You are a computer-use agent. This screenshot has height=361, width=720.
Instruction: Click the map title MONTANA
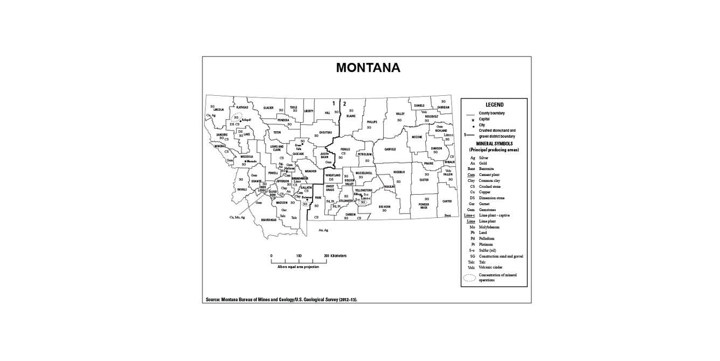click(368, 68)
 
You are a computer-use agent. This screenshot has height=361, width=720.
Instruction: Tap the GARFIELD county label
click(390, 149)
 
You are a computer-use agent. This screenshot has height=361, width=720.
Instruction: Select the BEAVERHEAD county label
click(269, 220)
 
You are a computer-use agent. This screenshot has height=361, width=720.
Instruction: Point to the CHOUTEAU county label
click(326, 132)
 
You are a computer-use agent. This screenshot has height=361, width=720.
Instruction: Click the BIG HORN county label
click(384, 207)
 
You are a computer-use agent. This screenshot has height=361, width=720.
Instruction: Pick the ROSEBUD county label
click(399, 172)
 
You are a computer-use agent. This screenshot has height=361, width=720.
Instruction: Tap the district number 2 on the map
click(344, 103)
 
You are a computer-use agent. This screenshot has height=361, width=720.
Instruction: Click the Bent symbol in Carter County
click(447, 215)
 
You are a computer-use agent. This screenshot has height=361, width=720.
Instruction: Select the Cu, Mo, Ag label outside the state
click(237, 217)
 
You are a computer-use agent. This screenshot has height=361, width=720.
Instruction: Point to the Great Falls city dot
click(302, 144)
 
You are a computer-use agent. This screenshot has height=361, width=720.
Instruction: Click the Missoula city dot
click(245, 161)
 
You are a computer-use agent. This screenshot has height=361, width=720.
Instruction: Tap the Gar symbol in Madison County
click(283, 209)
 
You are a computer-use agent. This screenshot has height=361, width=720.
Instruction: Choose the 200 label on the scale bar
click(326, 256)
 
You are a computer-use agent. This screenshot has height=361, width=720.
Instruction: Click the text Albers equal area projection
click(298, 267)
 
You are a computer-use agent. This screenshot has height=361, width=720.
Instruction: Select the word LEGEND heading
click(494, 104)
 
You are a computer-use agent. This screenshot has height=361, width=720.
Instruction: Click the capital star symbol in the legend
click(473, 119)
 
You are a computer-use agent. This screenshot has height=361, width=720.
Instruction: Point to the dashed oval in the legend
click(470, 278)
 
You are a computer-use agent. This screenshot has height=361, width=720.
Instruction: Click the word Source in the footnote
click(212, 299)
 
